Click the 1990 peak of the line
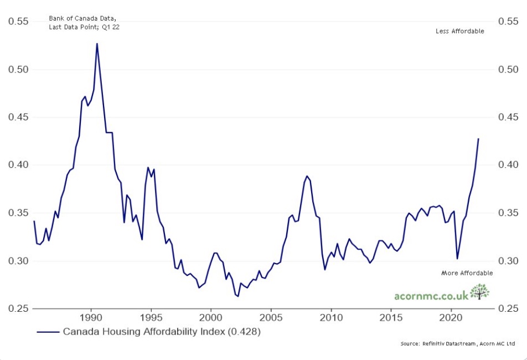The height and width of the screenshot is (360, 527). tap(97, 44)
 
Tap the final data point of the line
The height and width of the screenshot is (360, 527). tap(478, 138)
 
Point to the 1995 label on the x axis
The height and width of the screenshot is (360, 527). tap(151, 318)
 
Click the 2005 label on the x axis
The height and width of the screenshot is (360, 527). tap(271, 318)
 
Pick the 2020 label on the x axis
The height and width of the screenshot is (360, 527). tap(451, 318)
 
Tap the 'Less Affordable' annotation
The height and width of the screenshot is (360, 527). tap(460, 31)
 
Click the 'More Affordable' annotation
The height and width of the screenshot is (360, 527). tap(467, 273)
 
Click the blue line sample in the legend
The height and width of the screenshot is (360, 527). tap(48, 332)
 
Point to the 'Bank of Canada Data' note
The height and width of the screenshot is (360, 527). tap(82, 18)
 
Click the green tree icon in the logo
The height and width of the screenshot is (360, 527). tap(479, 292)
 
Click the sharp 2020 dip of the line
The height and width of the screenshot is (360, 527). tap(457, 259)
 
